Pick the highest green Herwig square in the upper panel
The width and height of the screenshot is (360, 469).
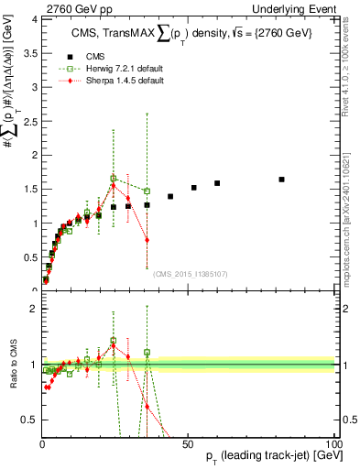[114, 179]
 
